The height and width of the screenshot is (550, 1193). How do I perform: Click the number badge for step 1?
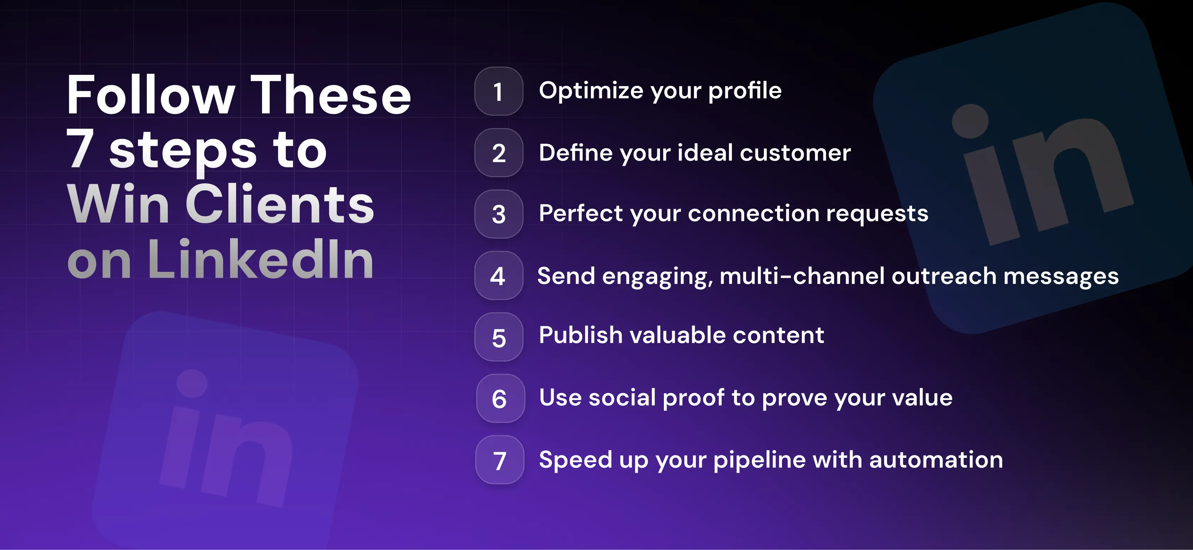[x=498, y=91]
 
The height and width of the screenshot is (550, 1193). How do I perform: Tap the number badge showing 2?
[x=498, y=153]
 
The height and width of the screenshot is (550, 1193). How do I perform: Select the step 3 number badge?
[x=498, y=214]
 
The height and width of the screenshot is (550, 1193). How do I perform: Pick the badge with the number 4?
[x=498, y=275]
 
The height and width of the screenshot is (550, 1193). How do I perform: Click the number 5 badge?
[x=498, y=337]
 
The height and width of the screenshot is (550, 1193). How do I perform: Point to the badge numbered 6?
[x=500, y=398]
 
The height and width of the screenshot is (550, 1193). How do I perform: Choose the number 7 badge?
[x=499, y=460]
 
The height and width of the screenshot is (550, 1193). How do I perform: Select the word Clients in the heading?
[x=280, y=204]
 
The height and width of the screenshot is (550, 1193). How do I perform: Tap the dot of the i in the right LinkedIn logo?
[x=970, y=120]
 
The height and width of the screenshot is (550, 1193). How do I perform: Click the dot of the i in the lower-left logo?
[x=192, y=383]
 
